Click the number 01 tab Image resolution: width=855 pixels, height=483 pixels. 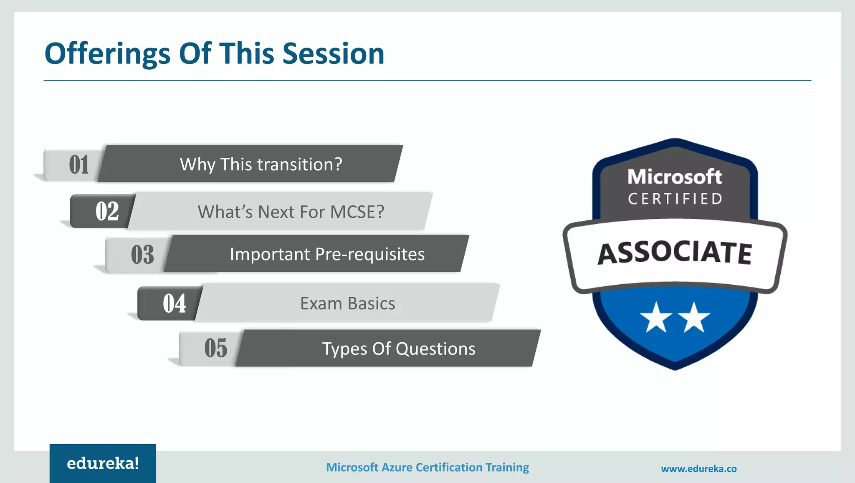click(x=78, y=164)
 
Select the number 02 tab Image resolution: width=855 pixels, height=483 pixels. click(x=107, y=211)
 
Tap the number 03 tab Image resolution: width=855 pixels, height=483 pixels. click(x=142, y=254)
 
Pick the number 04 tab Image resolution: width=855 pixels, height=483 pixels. click(x=174, y=303)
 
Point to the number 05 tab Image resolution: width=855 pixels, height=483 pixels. click(x=215, y=348)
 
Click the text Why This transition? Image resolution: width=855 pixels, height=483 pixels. click(x=261, y=164)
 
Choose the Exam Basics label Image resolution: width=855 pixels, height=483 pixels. click(x=347, y=303)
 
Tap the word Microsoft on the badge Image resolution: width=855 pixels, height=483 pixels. click(x=675, y=177)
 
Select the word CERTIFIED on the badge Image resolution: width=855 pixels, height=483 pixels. click(x=675, y=199)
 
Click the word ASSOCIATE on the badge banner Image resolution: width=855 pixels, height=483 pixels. click(x=675, y=253)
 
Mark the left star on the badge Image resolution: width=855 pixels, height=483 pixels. click(x=656, y=318)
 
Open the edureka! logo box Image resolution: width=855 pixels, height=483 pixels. click(x=103, y=463)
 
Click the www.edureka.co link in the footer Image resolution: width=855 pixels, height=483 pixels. click(x=698, y=469)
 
